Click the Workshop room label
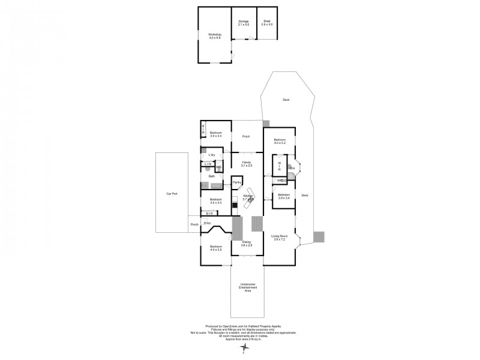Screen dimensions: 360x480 pyautogui.click(x=215, y=36)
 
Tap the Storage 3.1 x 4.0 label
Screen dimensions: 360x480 pyautogui.click(x=243, y=23)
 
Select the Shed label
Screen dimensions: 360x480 pyautogui.click(x=267, y=23)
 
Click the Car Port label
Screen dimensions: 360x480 pyautogui.click(x=172, y=194)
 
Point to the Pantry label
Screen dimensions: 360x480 pyautogui.click(x=237, y=183)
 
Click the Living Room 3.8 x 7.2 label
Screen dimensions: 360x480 pyautogui.click(x=280, y=238)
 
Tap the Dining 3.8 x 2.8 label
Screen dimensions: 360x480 pyautogui.click(x=246, y=244)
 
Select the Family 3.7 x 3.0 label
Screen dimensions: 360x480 pyautogui.click(x=246, y=163)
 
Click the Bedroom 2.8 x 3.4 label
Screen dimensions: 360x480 pyautogui.click(x=284, y=196)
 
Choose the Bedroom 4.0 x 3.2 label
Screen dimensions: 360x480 pyautogui.click(x=280, y=142)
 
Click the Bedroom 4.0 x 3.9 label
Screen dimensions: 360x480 pyautogui.click(x=216, y=248)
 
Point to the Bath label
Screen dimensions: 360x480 pyautogui.click(x=212, y=176)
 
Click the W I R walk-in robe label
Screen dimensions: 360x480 pyautogui.click(x=279, y=166)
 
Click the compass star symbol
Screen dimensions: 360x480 pyautogui.click(x=243, y=347)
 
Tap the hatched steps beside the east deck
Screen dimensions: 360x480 pyautogui.click(x=320, y=237)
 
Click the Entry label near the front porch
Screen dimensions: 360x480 pyautogui.click(x=207, y=223)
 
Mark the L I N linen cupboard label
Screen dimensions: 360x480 pyautogui.click(x=208, y=164)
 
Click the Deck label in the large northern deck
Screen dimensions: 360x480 pyautogui.click(x=286, y=100)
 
